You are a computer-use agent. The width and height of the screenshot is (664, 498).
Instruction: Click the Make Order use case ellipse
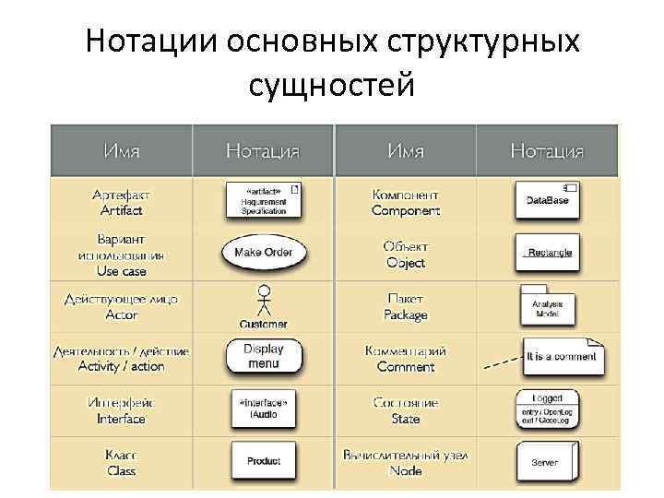[x=264, y=253]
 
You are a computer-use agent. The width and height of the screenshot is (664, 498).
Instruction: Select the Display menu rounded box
[x=264, y=356]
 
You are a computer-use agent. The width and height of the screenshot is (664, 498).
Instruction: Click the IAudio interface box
[x=264, y=409]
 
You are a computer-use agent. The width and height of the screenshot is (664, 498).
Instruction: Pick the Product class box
[x=264, y=460]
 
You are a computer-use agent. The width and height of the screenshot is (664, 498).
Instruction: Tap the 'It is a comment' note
[x=563, y=356]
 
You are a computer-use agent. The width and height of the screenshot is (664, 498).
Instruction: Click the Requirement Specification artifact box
[x=264, y=200]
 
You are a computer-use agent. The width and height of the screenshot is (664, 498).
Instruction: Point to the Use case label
[x=122, y=271]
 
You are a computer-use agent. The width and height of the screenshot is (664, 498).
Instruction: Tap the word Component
[x=406, y=210]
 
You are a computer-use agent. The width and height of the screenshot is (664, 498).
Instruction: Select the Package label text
[x=406, y=314]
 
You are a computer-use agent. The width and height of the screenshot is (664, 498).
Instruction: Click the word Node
[x=406, y=470]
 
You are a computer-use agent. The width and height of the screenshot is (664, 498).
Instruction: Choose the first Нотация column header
[x=264, y=150]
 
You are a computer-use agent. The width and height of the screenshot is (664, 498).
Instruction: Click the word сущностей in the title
[x=332, y=85]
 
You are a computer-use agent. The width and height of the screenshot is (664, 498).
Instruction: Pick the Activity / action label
[x=122, y=366]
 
